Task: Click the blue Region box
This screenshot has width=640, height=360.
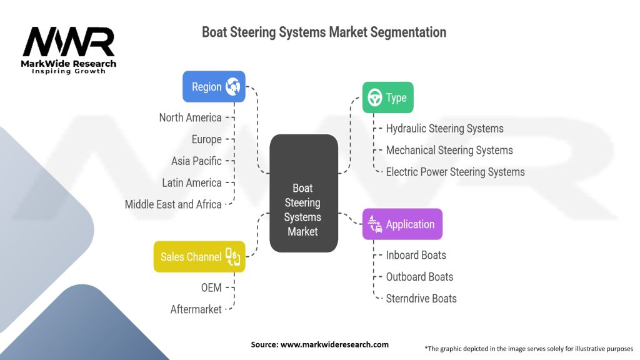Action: pos(214,86)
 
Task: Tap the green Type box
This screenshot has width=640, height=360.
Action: pos(387,97)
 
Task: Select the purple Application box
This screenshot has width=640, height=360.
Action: pos(402,224)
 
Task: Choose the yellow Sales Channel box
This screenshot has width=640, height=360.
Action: pos(199,257)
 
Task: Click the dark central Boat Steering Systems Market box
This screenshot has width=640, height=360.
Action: pos(304,193)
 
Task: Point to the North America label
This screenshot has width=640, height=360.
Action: pos(190,117)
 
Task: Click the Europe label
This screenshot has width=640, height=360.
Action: pos(206,139)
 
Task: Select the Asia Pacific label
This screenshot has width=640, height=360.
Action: pos(196,161)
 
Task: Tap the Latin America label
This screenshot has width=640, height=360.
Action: pos(192,183)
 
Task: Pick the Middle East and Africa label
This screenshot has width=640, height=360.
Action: pos(173,204)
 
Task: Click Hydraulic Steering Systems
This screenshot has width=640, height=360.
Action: pos(445,129)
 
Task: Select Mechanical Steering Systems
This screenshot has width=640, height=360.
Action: pos(449,150)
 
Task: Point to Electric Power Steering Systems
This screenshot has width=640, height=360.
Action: pos(456,172)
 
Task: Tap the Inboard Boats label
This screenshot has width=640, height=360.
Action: pos(416,255)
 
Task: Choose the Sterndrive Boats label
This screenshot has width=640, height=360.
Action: pos(421,298)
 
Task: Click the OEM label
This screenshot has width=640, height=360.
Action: pos(211,287)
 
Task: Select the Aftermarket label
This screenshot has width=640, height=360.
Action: pos(196,309)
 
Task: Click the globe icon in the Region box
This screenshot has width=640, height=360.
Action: pos(233,86)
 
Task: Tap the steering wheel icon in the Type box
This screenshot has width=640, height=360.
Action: pos(375,97)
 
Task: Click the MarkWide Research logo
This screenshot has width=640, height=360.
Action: pos(69,50)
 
